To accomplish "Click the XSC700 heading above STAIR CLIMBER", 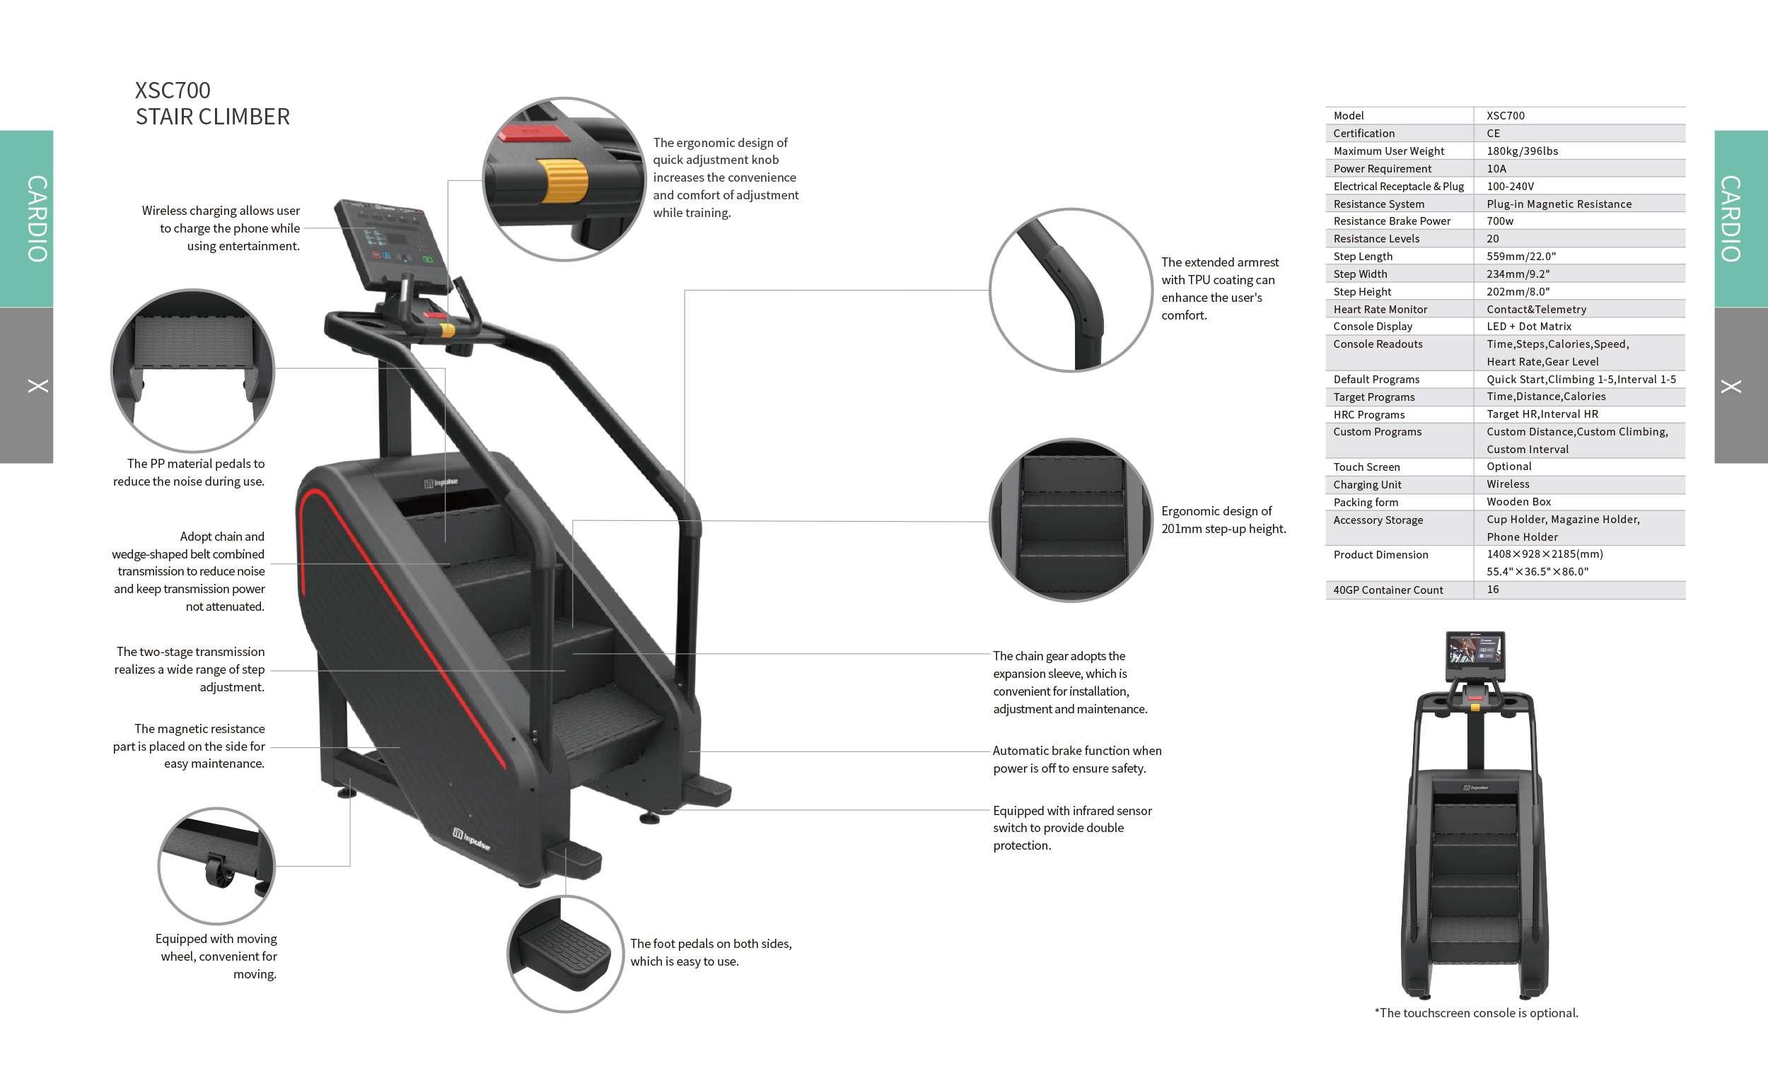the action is point(173,90).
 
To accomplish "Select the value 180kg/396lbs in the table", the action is point(1522,151).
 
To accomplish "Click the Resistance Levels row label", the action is point(1376,239).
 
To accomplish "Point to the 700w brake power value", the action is point(1500,221).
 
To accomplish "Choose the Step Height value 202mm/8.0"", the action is point(1518,291).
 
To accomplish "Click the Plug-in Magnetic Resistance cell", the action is point(1559,204).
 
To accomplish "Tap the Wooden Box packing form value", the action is point(1518,502).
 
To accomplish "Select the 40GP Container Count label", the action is point(1388,590).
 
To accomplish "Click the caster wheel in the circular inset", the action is point(219,871).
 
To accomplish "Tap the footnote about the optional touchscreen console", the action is point(1476,1013).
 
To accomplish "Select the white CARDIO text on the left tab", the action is point(37,218).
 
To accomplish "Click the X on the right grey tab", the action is point(1731,387).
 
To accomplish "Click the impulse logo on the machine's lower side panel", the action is point(472,838).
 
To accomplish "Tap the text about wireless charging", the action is point(221,228).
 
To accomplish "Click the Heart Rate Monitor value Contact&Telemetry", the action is point(1535,309).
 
